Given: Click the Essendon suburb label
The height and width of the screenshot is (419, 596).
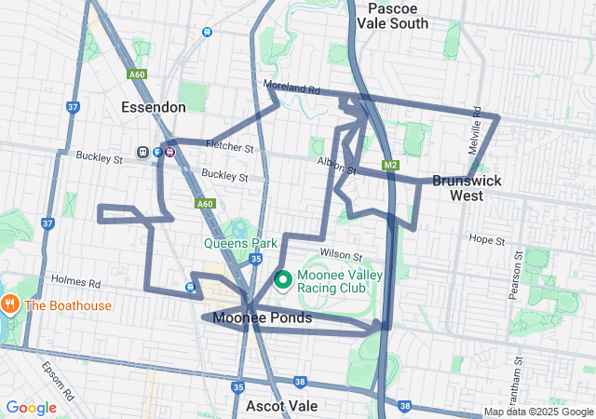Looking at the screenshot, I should click(x=154, y=108).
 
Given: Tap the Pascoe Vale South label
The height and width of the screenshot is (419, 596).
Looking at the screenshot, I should click(x=398, y=16).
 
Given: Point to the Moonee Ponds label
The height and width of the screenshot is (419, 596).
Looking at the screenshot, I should click(x=263, y=318).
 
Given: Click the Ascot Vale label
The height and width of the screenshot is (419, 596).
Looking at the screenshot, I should click(x=282, y=406).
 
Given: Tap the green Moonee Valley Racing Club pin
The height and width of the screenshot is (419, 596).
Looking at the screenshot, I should click(x=282, y=278).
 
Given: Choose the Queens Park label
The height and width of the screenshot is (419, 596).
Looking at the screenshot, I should click(x=240, y=243).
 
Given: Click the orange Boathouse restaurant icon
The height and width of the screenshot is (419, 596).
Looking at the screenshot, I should click(x=10, y=304).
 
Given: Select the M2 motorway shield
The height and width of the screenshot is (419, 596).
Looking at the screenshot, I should click(x=390, y=166).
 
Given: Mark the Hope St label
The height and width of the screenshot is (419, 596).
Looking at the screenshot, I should click(x=487, y=240).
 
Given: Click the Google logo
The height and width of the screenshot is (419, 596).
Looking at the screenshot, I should click(x=31, y=408).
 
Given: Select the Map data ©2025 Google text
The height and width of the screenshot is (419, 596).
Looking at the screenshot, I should click(x=538, y=412).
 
